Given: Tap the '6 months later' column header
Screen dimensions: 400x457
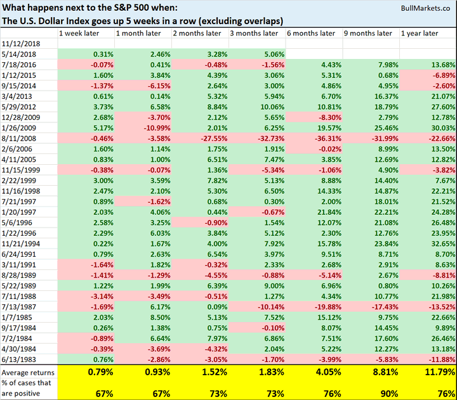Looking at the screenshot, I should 311,33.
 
